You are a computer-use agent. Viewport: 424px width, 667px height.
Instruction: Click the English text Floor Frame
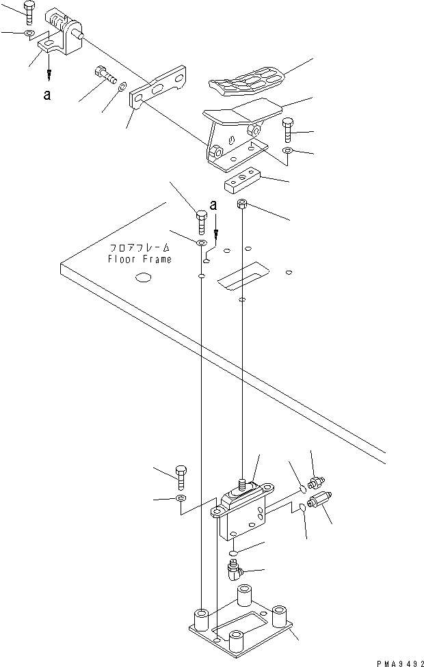click(x=140, y=259)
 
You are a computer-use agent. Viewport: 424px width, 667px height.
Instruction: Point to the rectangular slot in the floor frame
click(x=242, y=277)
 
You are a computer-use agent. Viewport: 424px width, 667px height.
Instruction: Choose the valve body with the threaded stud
click(x=243, y=513)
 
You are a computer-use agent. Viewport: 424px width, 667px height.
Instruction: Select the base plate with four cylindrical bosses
click(x=239, y=625)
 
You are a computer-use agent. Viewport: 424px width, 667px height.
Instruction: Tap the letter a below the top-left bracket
click(x=47, y=96)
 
